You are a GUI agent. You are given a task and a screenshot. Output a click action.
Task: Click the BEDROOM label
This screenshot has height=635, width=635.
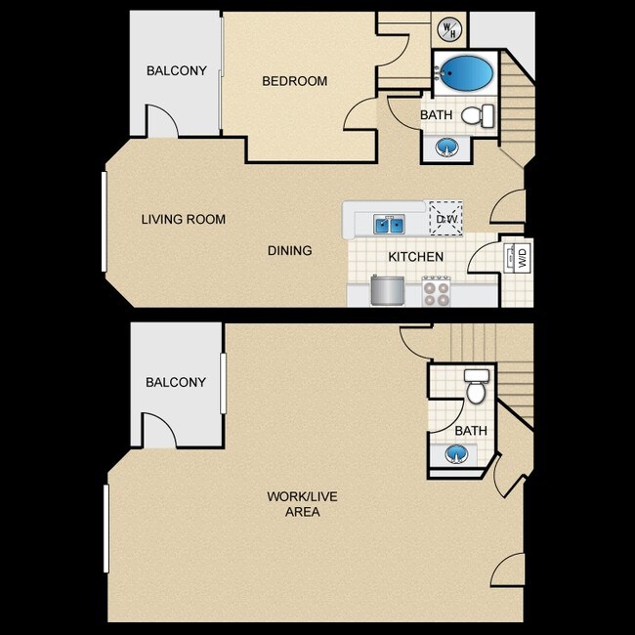[294, 81]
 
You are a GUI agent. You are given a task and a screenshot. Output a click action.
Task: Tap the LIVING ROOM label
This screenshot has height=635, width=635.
[183, 219]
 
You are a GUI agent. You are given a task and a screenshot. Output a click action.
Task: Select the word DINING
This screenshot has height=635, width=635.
[290, 251]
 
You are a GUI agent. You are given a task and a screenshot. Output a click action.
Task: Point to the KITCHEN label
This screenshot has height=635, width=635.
[416, 257]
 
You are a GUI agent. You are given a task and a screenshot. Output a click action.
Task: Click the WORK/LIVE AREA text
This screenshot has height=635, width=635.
[302, 504]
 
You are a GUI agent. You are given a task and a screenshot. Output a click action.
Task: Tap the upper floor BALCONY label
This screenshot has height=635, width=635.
[177, 70]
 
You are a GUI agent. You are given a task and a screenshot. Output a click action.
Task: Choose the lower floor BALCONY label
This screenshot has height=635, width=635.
[176, 382]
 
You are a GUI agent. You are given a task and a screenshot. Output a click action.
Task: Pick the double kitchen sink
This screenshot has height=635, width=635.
[390, 225]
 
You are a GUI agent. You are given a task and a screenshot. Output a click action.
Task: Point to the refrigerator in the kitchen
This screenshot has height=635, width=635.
[387, 290]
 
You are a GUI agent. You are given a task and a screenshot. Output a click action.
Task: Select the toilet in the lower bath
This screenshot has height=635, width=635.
[477, 387]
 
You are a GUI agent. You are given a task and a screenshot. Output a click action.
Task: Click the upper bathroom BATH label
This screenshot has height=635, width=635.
[436, 115]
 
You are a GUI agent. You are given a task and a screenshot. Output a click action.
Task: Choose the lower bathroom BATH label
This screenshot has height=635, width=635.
[471, 430]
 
